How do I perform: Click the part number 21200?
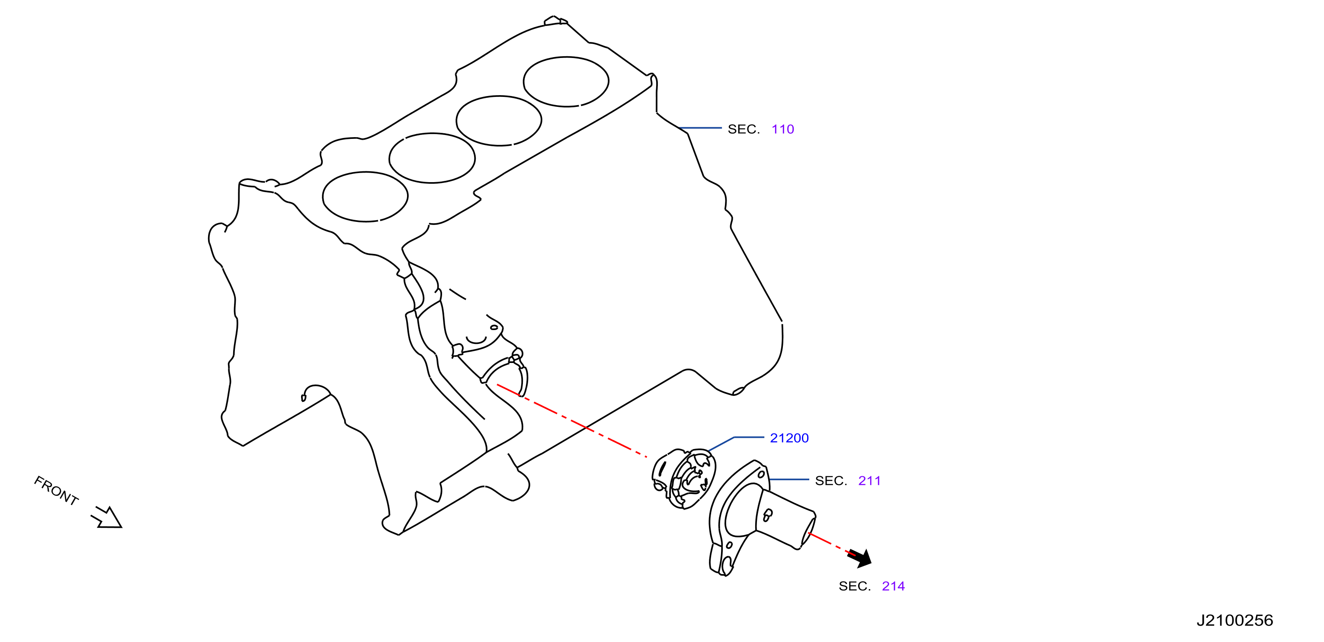[789, 438]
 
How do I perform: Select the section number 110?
[783, 129]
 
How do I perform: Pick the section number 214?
[893, 586]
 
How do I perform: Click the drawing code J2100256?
[1235, 620]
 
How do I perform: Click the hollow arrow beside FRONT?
[106, 517]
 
